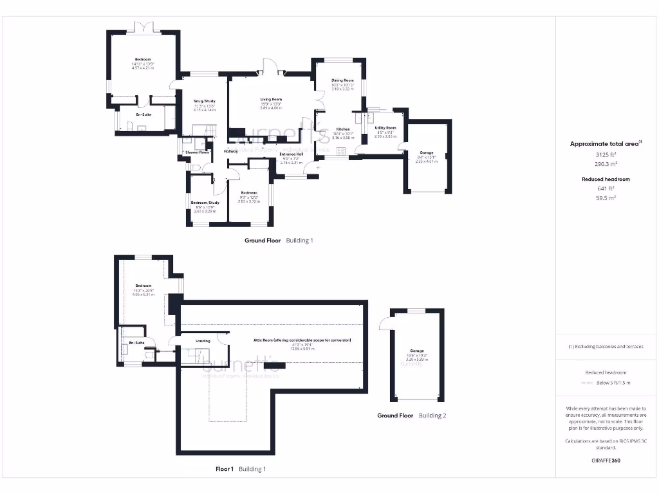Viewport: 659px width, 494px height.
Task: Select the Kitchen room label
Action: pyautogui.click(x=342, y=129)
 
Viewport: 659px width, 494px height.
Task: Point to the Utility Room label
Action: pyautogui.click(x=385, y=128)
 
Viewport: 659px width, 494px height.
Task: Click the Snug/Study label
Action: pyautogui.click(x=204, y=101)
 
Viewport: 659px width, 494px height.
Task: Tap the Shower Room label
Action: pyautogui.click(x=198, y=152)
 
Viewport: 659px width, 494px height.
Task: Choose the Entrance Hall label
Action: pyautogui.click(x=292, y=154)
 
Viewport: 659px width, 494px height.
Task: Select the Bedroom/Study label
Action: pyautogui.click(x=205, y=203)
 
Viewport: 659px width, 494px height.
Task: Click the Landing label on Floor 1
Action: pyautogui.click(x=203, y=341)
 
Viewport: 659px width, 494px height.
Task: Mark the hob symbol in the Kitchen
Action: pyautogui.click(x=340, y=151)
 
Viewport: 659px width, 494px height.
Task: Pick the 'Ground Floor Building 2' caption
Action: pyautogui.click(x=411, y=416)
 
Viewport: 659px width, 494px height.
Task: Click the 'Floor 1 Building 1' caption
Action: pyautogui.click(x=240, y=469)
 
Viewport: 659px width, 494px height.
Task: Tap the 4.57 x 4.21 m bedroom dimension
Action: pyautogui.click(x=143, y=68)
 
